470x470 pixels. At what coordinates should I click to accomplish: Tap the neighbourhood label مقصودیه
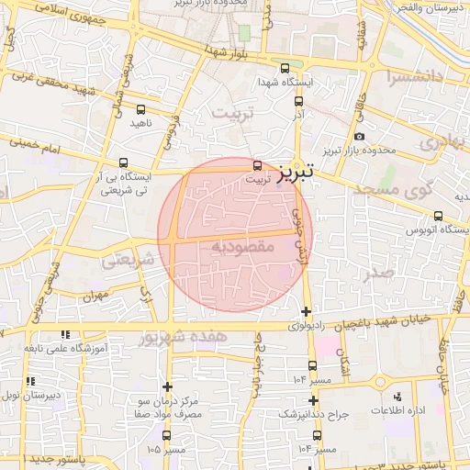[x=243, y=247]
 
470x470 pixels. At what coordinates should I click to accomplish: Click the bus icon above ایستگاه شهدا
[x=285, y=68]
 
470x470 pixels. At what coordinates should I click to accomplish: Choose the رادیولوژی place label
[x=306, y=326]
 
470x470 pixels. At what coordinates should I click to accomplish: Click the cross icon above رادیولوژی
[x=306, y=311]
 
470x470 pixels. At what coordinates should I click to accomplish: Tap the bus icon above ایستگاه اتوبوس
[x=438, y=217]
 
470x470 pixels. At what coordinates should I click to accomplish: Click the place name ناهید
[x=140, y=122]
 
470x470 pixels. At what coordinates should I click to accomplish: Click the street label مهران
[x=95, y=297]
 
